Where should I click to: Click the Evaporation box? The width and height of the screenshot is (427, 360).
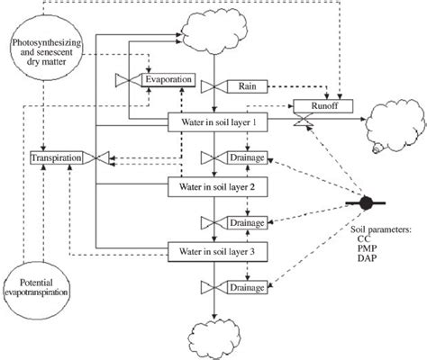pyautogui.click(x=168, y=80)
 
